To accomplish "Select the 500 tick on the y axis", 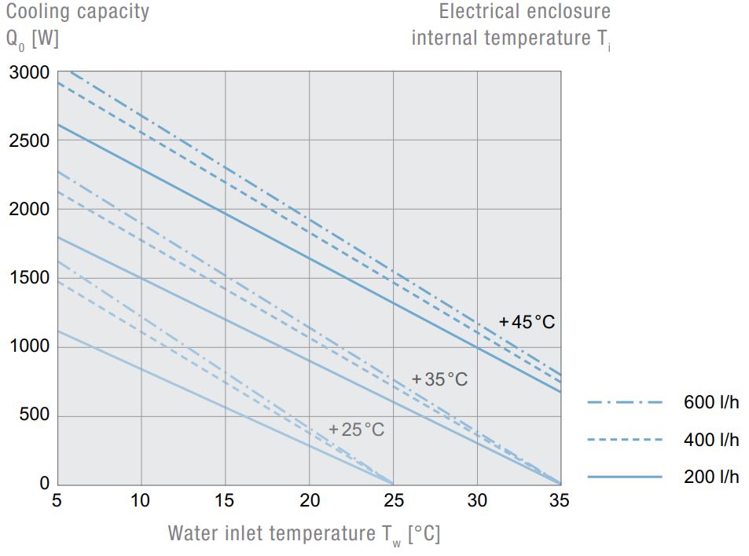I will (x=35, y=415).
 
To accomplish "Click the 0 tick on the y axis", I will (x=45, y=484).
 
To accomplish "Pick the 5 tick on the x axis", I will (x=57, y=501).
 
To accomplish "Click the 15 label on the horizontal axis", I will (x=225, y=501).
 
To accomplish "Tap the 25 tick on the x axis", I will (x=393, y=501).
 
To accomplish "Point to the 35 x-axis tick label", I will (x=560, y=501).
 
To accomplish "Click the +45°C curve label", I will (x=527, y=322).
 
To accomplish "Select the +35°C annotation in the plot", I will (x=439, y=380).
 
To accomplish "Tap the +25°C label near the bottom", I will (x=357, y=430).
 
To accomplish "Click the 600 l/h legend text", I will (x=711, y=403).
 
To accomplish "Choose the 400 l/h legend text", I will (x=711, y=440).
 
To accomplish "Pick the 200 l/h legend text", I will (x=711, y=477).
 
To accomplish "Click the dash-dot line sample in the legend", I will (x=625, y=403).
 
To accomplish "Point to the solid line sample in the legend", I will (x=625, y=477).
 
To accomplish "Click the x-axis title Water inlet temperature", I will (x=303, y=534).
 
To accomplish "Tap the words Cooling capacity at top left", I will (x=77, y=13).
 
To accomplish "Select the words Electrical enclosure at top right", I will (x=524, y=12).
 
